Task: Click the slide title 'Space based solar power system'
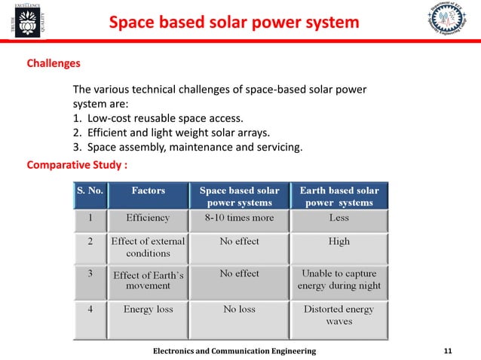234,23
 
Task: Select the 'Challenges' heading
54,64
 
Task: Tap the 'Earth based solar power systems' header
339,197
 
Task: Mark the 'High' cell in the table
339,242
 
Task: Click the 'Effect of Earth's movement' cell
149,280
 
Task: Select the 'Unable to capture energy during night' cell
339,279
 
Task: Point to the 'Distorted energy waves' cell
339,315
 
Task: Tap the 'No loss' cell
239,310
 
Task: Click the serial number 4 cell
90,310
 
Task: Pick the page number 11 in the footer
448,351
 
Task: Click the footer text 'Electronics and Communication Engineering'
234,351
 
